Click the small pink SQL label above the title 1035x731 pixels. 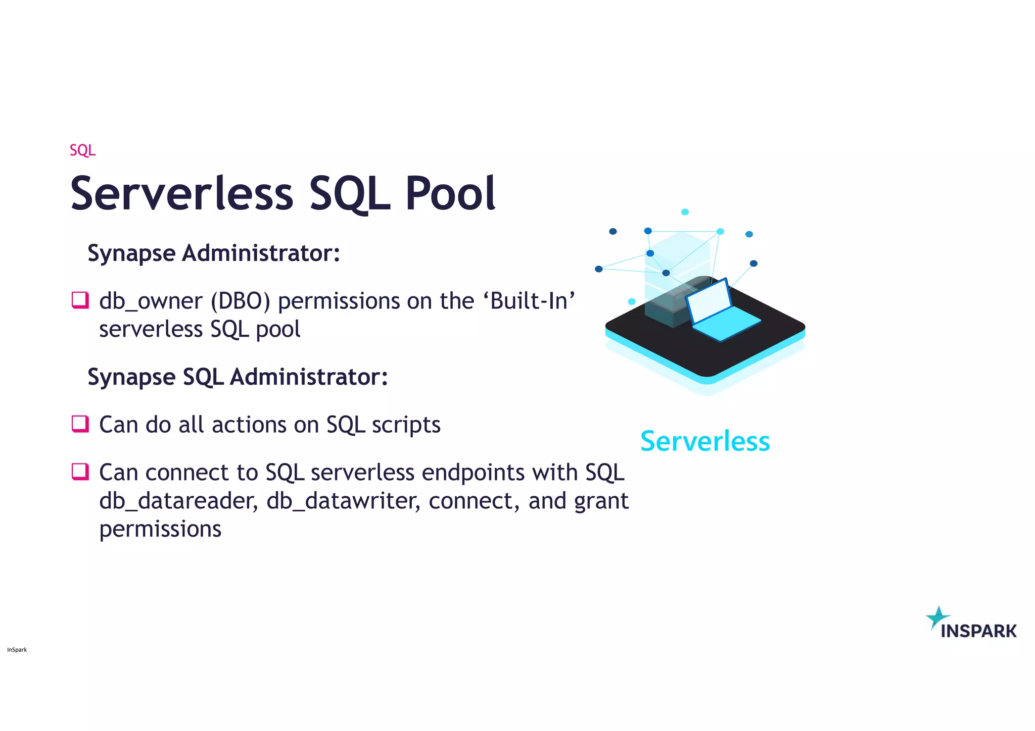click(x=82, y=150)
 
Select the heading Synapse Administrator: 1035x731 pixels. click(x=214, y=253)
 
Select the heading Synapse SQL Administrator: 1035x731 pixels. click(x=238, y=377)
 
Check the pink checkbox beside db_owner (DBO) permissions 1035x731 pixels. click(x=80, y=300)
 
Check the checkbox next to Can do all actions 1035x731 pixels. click(x=80, y=424)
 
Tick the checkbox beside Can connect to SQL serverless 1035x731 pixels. click(x=80, y=472)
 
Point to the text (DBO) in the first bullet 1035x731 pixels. click(x=241, y=301)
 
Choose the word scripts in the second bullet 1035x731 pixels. click(x=406, y=425)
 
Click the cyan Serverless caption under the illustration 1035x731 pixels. click(x=705, y=441)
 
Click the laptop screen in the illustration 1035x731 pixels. click(x=709, y=301)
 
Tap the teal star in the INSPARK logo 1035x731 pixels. click(x=938, y=617)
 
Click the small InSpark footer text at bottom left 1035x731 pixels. click(x=17, y=650)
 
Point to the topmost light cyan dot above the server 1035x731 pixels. click(x=685, y=212)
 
